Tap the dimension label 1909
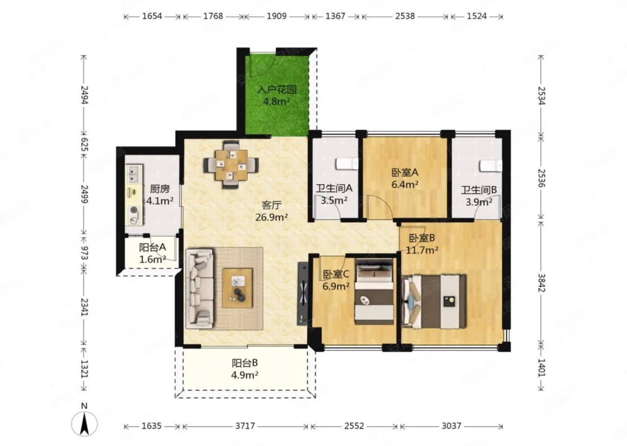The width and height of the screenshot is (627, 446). coord(276,16)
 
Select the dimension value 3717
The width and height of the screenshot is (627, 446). coord(245,426)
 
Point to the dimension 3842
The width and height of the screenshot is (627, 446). coord(542,283)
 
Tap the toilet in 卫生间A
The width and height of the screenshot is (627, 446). coord(347,164)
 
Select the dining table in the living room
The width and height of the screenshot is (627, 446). coord(231,165)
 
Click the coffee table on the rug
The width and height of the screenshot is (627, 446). coord(238,288)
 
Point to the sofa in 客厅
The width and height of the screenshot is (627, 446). coord(200,289)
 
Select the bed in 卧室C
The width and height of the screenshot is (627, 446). coord(374,291)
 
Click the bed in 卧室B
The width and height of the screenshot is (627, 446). coord(434,301)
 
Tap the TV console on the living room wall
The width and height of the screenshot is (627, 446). coord(303,293)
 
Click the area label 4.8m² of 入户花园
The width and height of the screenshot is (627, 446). coord(276,101)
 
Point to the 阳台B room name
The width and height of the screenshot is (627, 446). coord(245,363)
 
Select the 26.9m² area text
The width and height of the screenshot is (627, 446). coord(272,217)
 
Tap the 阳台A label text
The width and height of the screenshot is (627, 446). coord(153,247)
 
